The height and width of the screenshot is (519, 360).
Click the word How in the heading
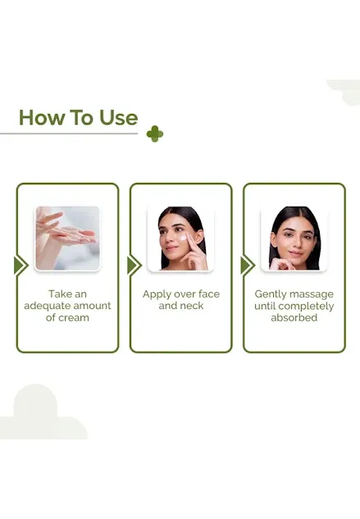41,117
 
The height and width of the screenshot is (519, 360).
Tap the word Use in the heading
119,117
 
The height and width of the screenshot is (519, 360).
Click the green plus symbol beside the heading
155,134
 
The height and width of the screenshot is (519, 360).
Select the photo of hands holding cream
67,239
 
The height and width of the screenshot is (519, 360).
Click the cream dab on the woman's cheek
184,238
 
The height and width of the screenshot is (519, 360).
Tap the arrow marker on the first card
21,266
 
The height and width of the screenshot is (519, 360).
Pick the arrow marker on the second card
134,266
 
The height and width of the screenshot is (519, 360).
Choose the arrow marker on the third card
248,266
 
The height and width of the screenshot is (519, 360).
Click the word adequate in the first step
47,306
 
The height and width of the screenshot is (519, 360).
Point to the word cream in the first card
74,318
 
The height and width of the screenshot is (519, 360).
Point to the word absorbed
294,318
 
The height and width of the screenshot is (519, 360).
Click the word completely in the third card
306,307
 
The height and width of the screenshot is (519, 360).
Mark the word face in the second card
208,294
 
